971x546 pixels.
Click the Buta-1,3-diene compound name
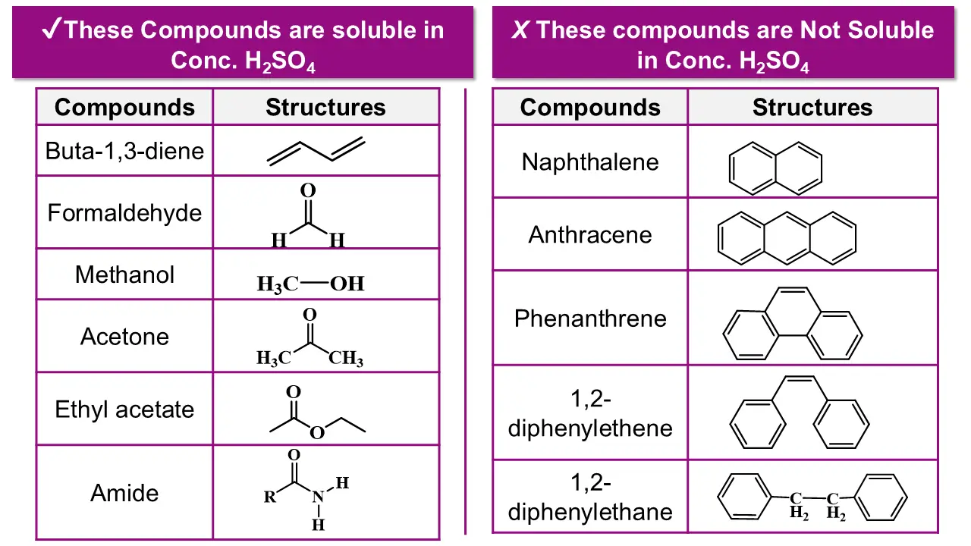pos(124,150)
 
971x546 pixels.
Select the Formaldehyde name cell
pos(124,212)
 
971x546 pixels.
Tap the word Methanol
pos(124,274)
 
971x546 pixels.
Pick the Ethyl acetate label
pos(124,409)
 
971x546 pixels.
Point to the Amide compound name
pos(124,493)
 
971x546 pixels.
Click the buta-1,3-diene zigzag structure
pos(316,151)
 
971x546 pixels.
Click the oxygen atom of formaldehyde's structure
pos(308,190)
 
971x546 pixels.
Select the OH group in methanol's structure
pos(347,284)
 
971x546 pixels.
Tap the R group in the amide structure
pos(270,498)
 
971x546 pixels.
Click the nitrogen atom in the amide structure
pos(318,497)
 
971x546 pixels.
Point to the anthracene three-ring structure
pos(787,236)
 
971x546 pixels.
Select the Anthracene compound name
pos(589,234)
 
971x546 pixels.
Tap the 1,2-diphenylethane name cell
pos(589,497)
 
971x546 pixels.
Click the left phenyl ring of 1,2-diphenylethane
pos(746,497)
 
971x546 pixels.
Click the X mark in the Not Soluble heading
pos(520,30)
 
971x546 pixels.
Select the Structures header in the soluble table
pos(325,108)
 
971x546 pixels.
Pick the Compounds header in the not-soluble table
pos(589,108)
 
